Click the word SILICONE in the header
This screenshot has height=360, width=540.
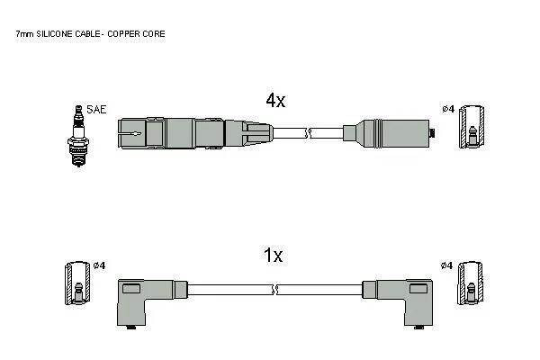[x=54, y=34]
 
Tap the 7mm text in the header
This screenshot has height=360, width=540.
[x=25, y=34]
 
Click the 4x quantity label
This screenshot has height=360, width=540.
[x=275, y=100]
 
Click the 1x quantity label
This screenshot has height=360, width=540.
[x=273, y=256]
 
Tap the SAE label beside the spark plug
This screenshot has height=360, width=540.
[x=96, y=109]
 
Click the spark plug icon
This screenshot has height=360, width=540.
[x=78, y=136]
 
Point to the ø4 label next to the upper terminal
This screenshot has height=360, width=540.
[x=448, y=109]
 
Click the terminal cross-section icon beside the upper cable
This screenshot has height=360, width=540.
[x=472, y=127]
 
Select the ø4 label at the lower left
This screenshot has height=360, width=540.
[x=100, y=265]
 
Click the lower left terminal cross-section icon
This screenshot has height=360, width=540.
[x=78, y=283]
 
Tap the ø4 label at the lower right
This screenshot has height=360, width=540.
[x=446, y=265]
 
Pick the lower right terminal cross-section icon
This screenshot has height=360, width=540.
[x=471, y=283]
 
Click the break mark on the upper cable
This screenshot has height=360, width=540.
[x=308, y=133]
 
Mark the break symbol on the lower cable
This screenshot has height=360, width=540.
[x=275, y=290]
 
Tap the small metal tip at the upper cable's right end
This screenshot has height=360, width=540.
[x=432, y=133]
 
